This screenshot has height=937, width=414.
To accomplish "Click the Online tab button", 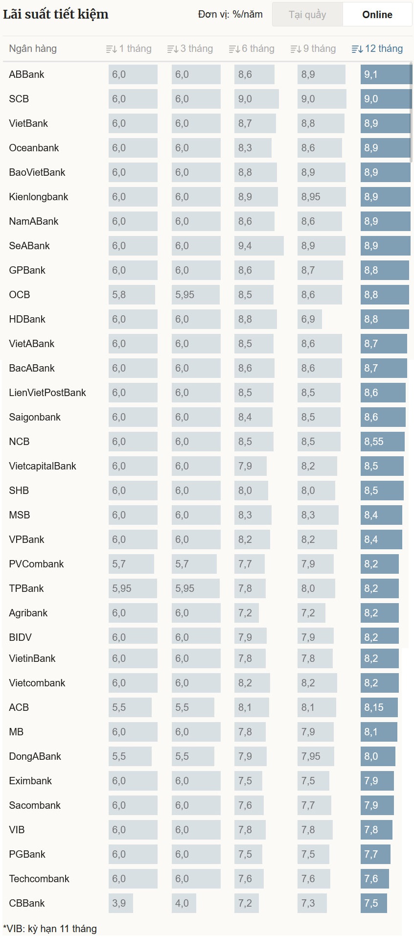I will (x=377, y=15).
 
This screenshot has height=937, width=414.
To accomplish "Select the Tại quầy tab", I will (x=307, y=15).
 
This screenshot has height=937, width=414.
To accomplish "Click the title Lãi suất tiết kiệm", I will (x=56, y=14).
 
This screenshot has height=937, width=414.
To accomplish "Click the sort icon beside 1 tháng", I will (x=111, y=49).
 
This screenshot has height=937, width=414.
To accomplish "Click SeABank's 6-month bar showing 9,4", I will (x=258, y=246).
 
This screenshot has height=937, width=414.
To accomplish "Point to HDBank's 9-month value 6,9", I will (x=309, y=319).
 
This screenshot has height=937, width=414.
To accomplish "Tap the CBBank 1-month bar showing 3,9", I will (x=120, y=903).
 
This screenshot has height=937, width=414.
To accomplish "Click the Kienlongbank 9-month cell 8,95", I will (x=321, y=197).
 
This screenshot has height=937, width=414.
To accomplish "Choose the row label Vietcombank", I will (x=37, y=683).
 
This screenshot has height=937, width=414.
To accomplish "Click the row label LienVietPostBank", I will (x=47, y=393).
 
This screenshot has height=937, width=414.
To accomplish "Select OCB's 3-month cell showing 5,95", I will (x=195, y=295).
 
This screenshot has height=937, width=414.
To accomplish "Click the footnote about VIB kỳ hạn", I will (x=50, y=929).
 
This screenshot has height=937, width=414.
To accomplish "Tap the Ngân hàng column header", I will (x=33, y=49).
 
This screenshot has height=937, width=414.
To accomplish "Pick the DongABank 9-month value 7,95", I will (x=315, y=756).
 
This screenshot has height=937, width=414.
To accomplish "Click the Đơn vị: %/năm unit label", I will (x=230, y=15).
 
